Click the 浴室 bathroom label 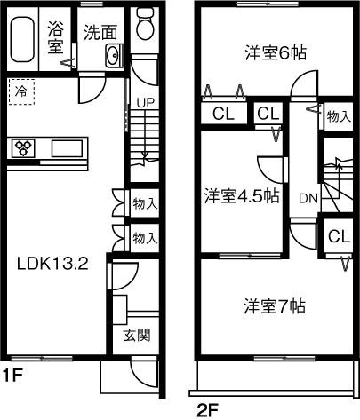coord(54,37)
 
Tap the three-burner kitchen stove coord(23,148)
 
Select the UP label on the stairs coord(144,102)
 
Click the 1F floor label coord(12,375)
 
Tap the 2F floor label coord(207,410)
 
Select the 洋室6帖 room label coord(276,52)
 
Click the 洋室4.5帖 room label coord(241,194)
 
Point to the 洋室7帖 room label coord(276,306)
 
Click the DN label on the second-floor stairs coord(308,197)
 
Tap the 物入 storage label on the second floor coord(338,115)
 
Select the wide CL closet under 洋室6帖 coord(224,115)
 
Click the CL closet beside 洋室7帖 coord(337,236)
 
